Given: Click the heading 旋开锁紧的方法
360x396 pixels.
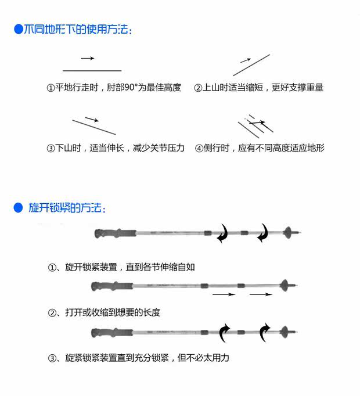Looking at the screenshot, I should [67, 208].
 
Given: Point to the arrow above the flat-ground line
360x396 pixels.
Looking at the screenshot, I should [87, 58].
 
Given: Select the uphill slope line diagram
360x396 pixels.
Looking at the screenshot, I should [251, 65].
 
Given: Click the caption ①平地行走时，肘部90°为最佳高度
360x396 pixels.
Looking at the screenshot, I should [114, 88].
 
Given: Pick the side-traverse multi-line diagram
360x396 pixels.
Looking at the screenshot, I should [256, 127].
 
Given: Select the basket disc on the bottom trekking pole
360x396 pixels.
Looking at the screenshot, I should [285, 332].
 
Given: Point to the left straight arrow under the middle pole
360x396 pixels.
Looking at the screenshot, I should [224, 295].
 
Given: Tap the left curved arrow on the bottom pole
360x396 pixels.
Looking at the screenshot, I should [225, 333].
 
